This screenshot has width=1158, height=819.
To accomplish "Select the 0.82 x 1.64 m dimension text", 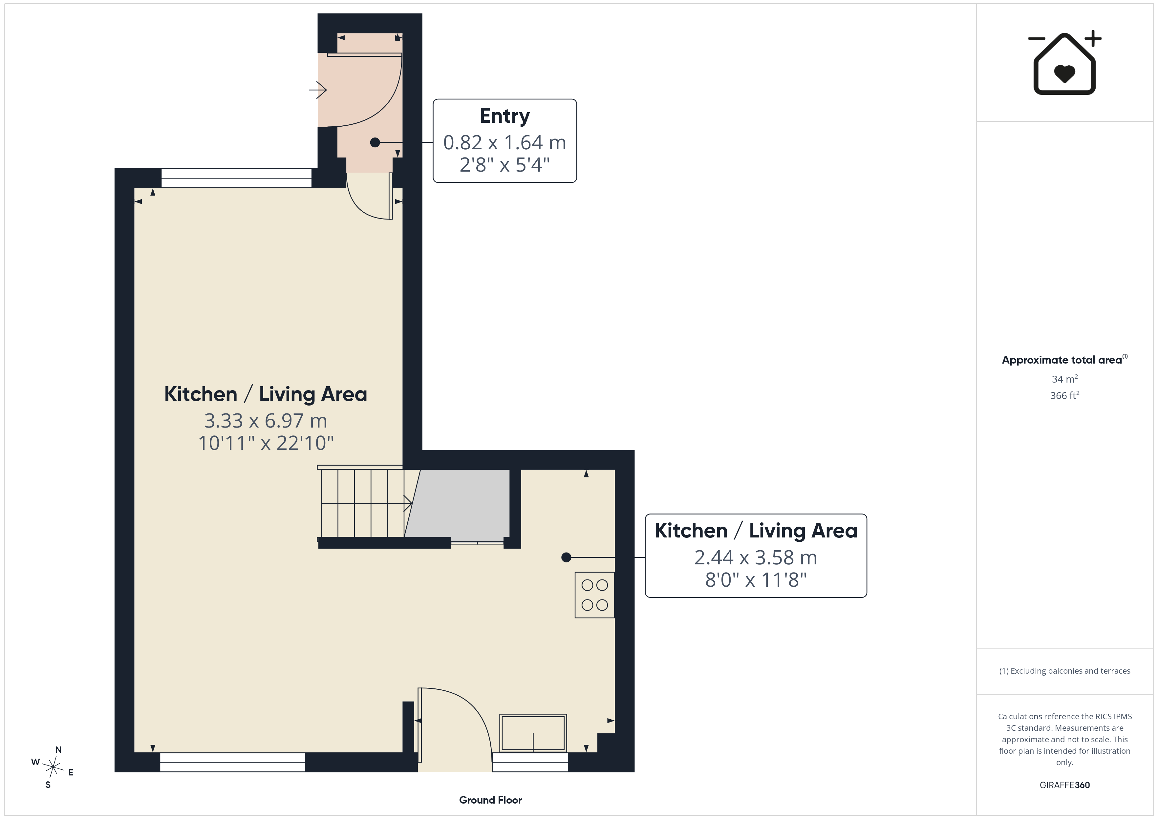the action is pos(504,143).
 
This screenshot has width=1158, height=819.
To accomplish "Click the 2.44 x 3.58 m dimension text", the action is pos(756,557).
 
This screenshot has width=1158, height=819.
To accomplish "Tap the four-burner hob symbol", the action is pos(595,595).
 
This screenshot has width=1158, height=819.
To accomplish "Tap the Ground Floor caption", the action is pos(490,800).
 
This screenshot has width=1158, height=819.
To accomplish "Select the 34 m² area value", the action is pos(1065,379).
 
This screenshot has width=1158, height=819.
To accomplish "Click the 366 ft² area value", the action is pos(1065,395).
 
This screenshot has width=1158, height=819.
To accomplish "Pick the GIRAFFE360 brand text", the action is pos(1065,785).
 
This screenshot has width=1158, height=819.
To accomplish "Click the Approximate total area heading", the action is pos(1064,360).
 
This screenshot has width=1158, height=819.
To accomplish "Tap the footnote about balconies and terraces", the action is pos(1065,671).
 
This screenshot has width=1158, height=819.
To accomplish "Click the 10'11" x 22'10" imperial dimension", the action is pos(266,443).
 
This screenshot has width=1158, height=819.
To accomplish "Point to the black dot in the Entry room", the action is pos(375,143).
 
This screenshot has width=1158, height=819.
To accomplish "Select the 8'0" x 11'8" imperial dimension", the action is pos(756,580).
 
